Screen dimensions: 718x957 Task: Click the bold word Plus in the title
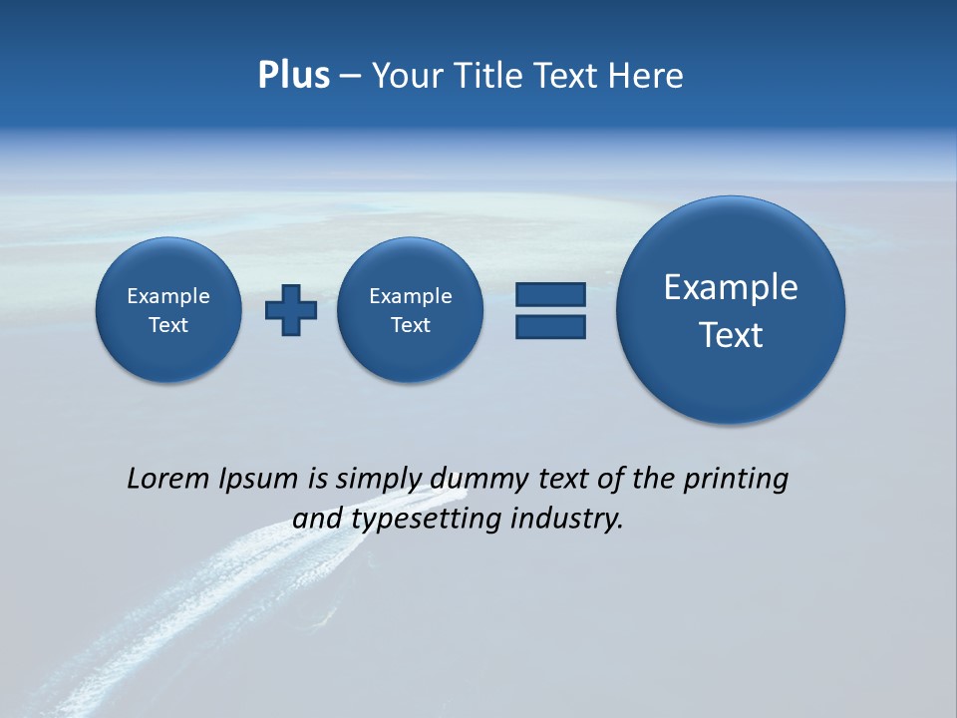pos(293,76)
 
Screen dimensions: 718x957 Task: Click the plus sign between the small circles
pos(291,310)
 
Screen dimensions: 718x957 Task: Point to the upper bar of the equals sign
pos(550,294)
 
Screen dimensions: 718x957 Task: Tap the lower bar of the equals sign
pos(550,327)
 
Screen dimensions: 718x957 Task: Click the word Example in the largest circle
pos(731,287)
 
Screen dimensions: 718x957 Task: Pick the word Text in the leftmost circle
pos(168,325)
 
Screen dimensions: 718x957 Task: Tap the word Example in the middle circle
pos(411,296)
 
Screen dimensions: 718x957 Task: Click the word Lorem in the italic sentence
pos(168,479)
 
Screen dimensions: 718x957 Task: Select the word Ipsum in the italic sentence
pos(258,479)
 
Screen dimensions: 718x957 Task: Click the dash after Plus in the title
pos(350,77)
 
